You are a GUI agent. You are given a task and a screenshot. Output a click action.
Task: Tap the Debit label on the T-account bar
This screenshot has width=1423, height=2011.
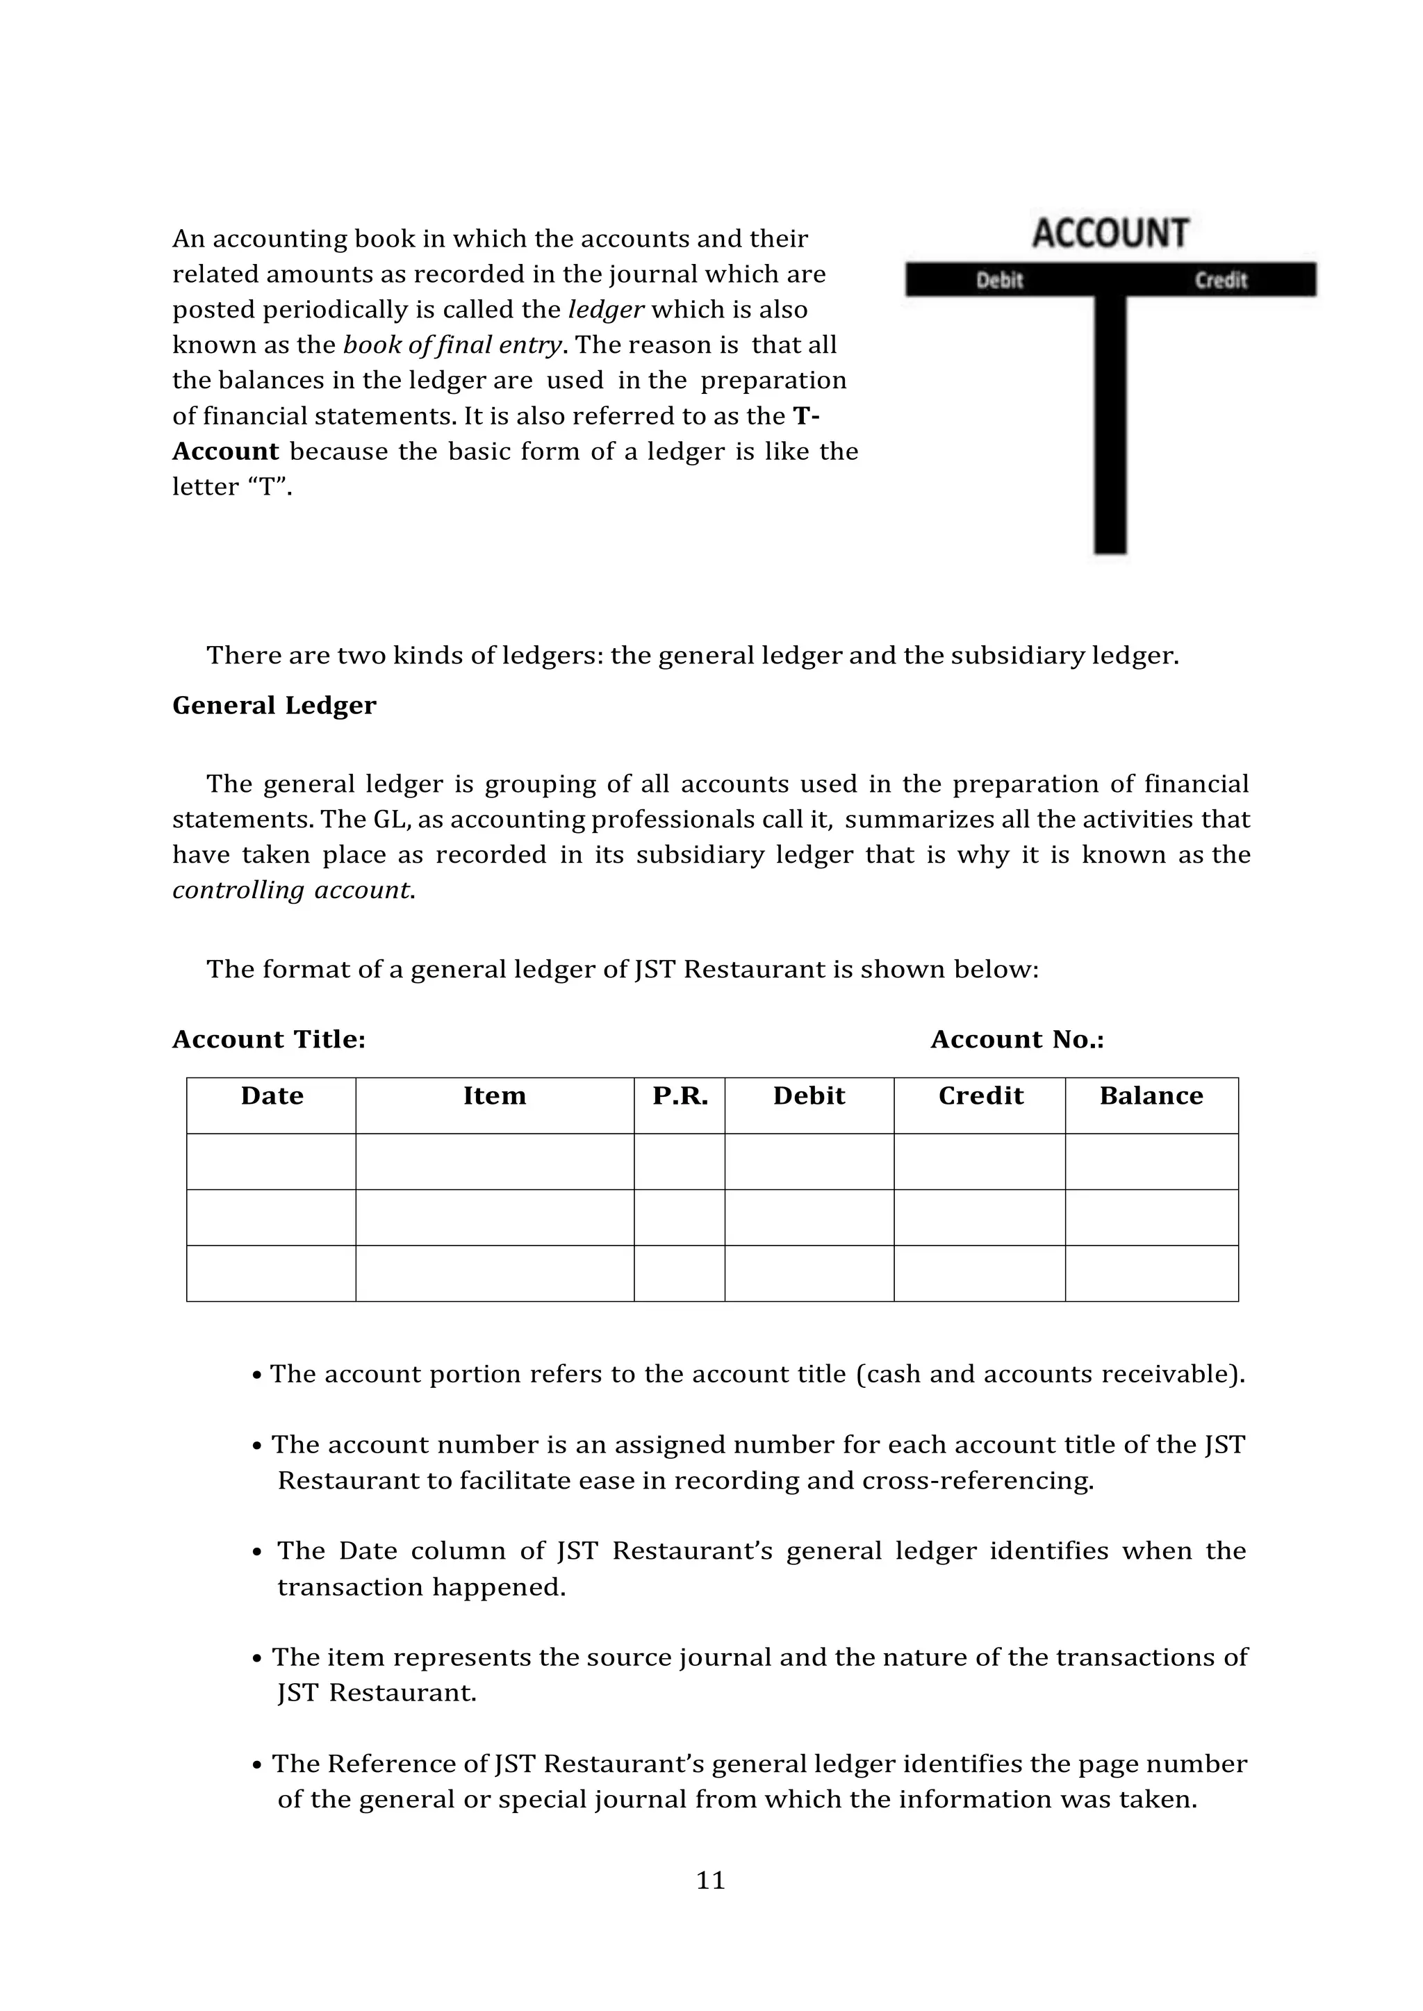point(1000,280)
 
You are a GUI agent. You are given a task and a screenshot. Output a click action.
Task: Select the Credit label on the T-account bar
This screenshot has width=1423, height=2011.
point(1221,280)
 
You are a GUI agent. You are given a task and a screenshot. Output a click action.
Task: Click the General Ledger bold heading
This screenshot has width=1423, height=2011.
point(274,706)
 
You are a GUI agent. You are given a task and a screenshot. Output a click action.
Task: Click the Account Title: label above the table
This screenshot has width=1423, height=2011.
point(269,1040)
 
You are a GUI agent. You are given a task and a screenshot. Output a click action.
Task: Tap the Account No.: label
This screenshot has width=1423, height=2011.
point(1017,1040)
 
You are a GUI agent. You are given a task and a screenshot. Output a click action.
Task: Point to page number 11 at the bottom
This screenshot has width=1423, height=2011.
point(711,1880)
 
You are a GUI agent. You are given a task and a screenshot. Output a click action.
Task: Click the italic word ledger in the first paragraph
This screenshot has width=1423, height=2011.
point(607,310)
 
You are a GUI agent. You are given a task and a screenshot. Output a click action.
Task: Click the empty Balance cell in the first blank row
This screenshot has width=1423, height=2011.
point(1151,1161)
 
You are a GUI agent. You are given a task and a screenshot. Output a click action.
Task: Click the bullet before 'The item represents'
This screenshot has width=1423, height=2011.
point(256,1659)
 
